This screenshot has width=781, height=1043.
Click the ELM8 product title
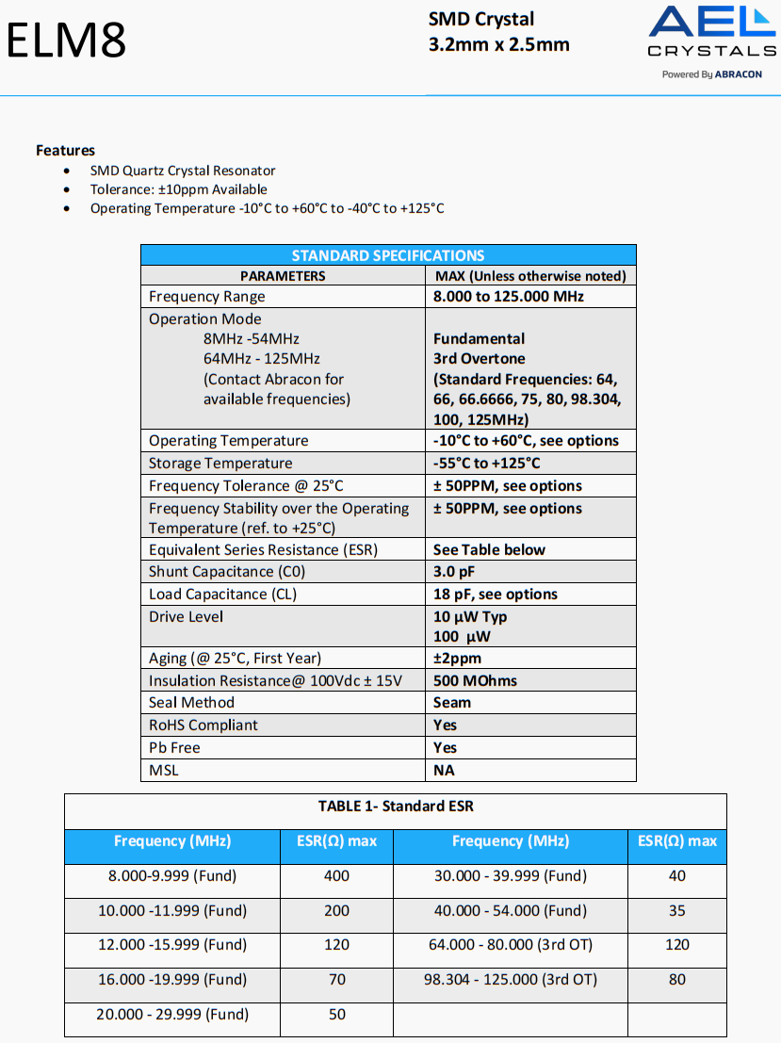click(x=66, y=40)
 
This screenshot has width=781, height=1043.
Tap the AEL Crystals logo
click(x=711, y=34)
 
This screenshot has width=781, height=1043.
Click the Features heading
click(x=65, y=150)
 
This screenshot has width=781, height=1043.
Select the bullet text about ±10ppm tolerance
click(x=178, y=189)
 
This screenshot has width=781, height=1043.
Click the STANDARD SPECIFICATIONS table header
click(x=388, y=255)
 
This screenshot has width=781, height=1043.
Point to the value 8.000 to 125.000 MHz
click(x=508, y=297)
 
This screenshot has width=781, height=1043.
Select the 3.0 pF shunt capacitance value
click(x=454, y=572)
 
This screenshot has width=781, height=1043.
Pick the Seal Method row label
click(x=193, y=703)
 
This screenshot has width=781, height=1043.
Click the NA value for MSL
click(x=444, y=771)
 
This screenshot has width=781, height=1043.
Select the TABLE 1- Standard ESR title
click(x=396, y=807)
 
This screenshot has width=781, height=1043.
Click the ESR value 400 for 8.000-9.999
click(x=336, y=876)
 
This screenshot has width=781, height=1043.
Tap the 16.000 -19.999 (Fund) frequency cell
click(x=172, y=980)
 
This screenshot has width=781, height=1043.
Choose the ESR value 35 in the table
click(x=676, y=911)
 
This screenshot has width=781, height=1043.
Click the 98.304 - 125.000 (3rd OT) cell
click(x=510, y=980)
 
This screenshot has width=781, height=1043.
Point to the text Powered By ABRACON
click(x=711, y=74)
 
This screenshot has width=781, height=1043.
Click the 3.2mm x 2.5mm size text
click(x=498, y=44)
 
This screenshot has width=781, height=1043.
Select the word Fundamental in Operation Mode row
click(x=479, y=338)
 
